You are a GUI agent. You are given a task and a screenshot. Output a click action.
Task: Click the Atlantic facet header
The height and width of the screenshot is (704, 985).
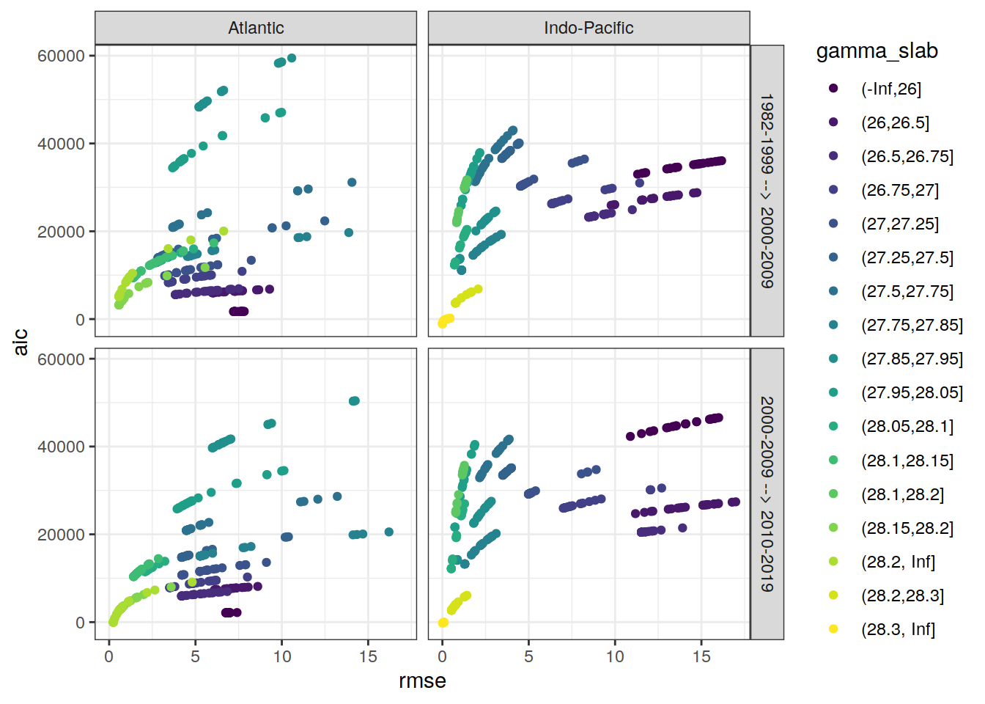[x=256, y=28]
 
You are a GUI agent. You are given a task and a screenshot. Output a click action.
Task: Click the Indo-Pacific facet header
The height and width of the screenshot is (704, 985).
[x=589, y=28]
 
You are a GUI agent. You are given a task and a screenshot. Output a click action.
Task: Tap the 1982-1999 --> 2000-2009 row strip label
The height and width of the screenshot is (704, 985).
[x=767, y=191]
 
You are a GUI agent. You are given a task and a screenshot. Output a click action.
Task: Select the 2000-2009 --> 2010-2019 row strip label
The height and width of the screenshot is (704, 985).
[x=767, y=494]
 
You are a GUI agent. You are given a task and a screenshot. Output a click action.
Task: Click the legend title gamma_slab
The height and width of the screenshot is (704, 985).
[x=877, y=51]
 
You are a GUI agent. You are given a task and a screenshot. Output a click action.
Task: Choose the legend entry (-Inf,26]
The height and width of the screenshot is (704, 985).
[x=890, y=89]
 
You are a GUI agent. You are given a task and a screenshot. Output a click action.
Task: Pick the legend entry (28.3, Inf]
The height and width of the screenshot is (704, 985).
[x=898, y=629]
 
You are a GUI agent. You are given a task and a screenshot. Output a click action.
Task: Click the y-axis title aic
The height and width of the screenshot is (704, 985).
[x=21, y=342]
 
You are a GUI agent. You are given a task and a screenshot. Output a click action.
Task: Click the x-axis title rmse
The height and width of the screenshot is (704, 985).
[x=422, y=681]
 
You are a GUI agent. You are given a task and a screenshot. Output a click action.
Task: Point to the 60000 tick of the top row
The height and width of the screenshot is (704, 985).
[x=61, y=56]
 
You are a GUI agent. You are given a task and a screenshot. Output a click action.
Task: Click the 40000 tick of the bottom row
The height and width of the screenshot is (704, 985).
[x=61, y=447]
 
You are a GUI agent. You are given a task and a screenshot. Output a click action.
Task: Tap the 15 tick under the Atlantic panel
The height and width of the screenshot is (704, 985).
[x=368, y=656]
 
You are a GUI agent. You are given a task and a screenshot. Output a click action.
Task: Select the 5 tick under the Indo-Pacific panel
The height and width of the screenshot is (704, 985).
[x=528, y=656]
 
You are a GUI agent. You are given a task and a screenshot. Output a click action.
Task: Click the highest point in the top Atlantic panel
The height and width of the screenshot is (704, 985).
[x=292, y=58]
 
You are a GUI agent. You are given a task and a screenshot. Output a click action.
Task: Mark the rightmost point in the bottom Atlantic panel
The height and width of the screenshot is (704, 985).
[x=389, y=532]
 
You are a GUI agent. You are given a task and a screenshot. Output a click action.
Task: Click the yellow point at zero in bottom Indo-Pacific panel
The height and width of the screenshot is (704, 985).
[x=443, y=623]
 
